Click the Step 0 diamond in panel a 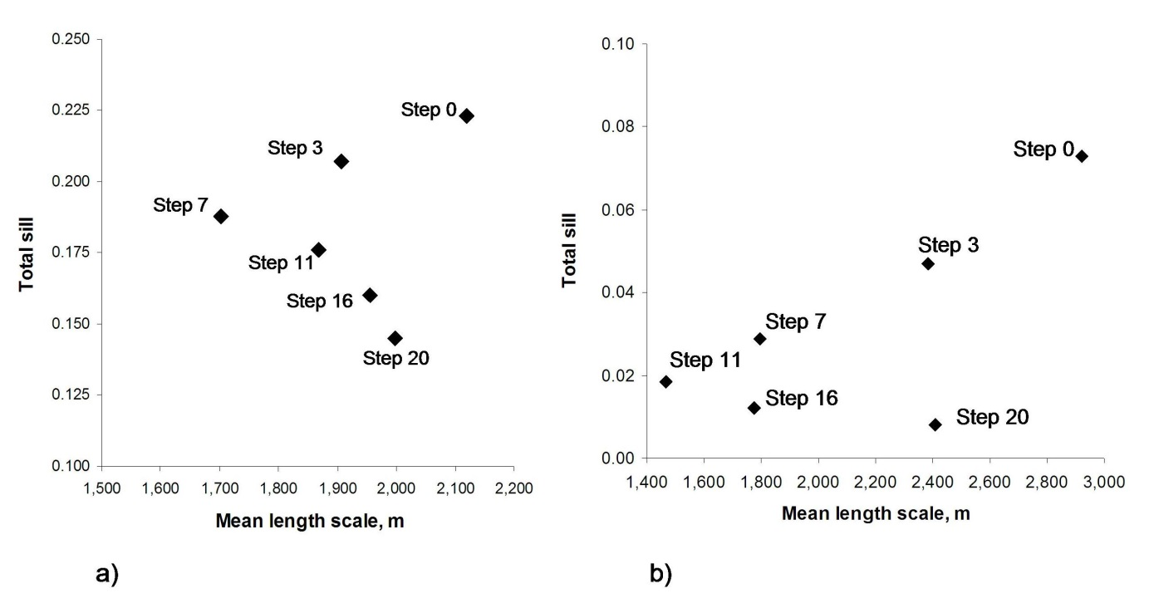point(466,115)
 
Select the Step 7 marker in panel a point(221,216)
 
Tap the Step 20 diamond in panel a point(395,338)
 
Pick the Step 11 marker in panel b point(665,381)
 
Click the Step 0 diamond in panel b point(1081,156)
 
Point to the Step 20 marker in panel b point(935,424)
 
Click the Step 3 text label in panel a point(297,148)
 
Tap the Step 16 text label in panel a point(320,301)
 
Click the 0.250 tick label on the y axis point(74,39)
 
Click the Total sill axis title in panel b point(569,248)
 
